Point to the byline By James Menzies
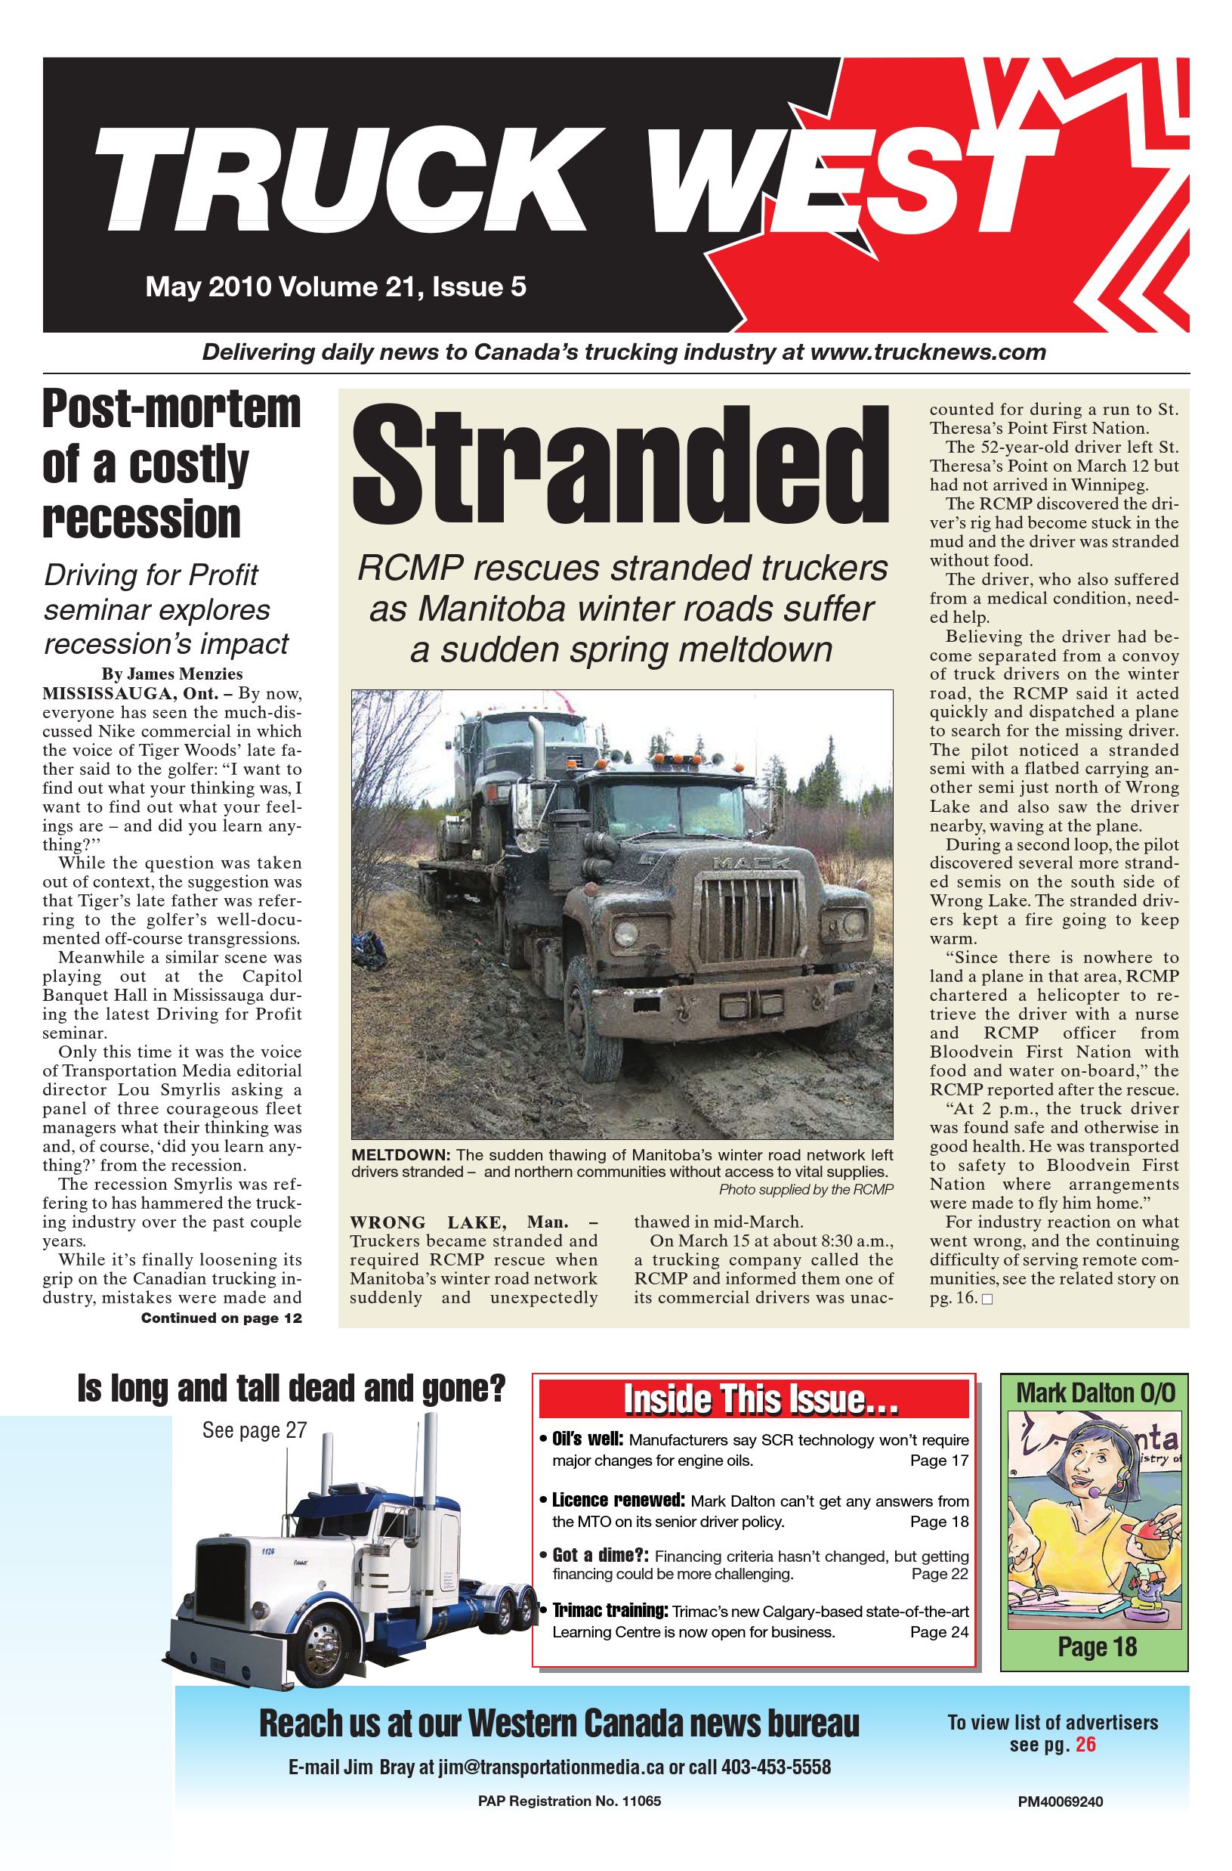click(x=171, y=674)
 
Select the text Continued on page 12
click(x=221, y=1318)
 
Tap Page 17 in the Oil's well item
click(x=939, y=1461)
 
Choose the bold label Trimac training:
click(x=609, y=1611)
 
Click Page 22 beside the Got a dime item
click(x=940, y=1573)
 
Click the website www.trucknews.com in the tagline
click(x=927, y=352)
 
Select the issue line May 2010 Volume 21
click(x=335, y=287)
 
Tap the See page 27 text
click(x=254, y=1430)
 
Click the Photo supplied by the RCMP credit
click(x=806, y=1189)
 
